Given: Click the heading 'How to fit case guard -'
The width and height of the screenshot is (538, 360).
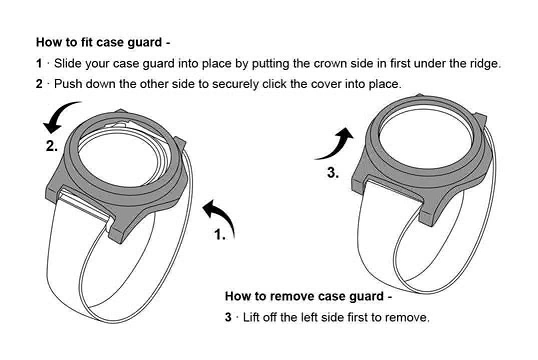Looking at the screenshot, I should point(103,42).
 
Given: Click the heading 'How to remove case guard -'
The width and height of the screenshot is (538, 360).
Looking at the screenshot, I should point(308,296).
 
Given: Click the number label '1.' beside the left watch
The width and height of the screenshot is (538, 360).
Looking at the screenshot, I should point(220,234).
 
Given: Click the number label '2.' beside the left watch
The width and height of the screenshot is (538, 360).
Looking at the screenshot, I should point(52,146).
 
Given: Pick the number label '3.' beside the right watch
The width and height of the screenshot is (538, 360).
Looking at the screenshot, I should point(333,173).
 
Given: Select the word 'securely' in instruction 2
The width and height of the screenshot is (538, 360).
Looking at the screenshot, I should point(233,84).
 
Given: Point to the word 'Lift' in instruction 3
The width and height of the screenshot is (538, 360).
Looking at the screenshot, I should point(251,317).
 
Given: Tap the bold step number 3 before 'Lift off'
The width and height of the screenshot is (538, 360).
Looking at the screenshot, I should point(228,317).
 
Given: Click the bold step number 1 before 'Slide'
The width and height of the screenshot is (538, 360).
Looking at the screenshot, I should point(39,63).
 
